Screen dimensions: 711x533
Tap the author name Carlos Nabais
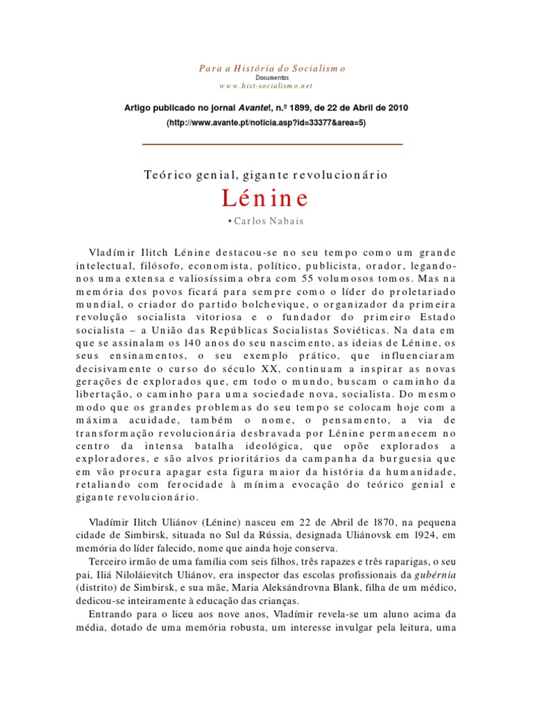[x=270, y=221]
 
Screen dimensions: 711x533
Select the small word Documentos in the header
[x=266, y=78]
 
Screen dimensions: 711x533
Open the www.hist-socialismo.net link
[x=266, y=86]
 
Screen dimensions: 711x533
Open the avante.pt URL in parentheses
[x=266, y=122]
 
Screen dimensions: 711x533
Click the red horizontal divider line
[x=272, y=144]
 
